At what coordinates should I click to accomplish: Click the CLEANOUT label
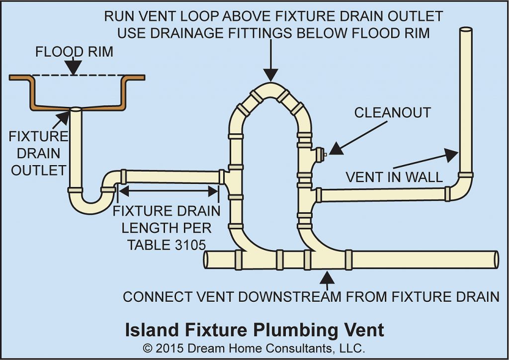[392, 113]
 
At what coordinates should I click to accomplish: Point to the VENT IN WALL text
[394, 177]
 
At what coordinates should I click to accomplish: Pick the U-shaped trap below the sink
[92, 201]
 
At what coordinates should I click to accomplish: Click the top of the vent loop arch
[270, 90]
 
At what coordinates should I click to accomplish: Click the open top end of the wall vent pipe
[465, 31]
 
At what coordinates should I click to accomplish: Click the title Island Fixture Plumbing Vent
[254, 330]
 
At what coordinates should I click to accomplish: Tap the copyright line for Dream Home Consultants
[254, 347]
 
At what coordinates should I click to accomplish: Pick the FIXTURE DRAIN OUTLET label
[39, 153]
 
